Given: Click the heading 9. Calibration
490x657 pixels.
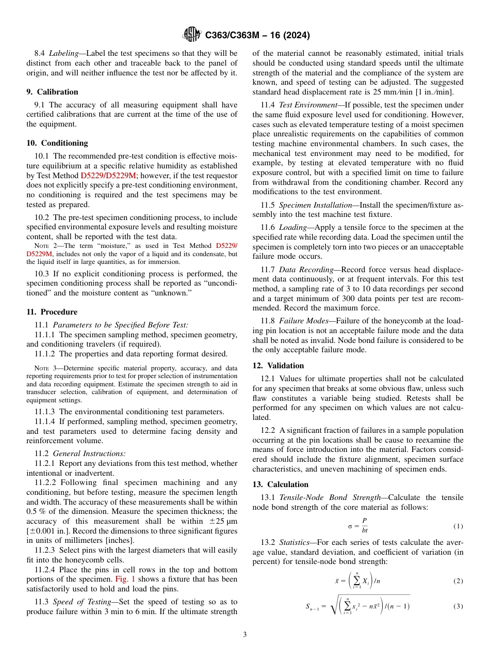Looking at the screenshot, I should (x=52, y=92).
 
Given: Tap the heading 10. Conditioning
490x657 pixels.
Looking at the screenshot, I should (x=57, y=143).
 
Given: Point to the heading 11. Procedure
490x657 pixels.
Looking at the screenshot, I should (x=52, y=312).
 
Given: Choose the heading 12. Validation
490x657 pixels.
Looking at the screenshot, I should (x=278, y=366).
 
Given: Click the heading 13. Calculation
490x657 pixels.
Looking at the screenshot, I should (x=280, y=484).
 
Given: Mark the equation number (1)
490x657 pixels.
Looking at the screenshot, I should (x=458, y=526).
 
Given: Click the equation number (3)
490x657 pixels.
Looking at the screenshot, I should (x=458, y=606).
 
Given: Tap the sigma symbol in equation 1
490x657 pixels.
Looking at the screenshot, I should (x=350, y=526).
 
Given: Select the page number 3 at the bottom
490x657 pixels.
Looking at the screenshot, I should (x=245, y=635).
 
